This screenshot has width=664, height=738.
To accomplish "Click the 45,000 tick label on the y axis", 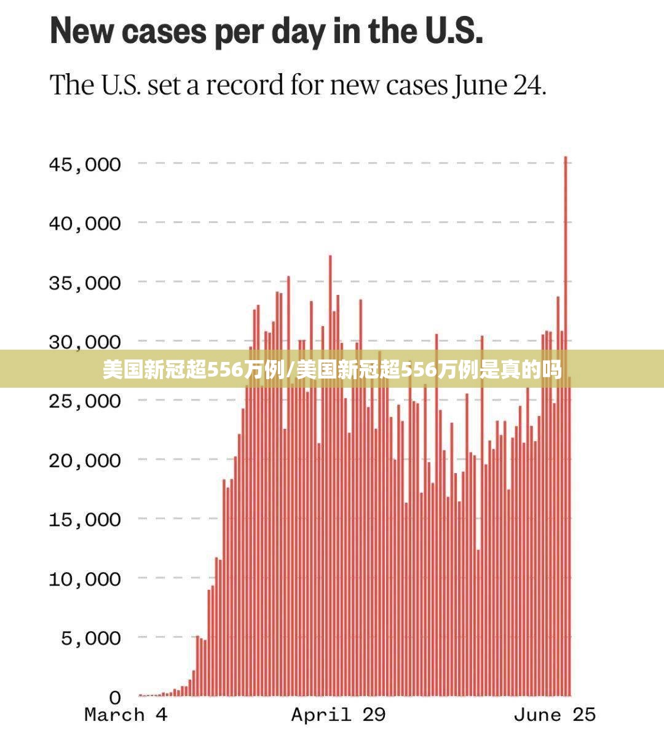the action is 85,165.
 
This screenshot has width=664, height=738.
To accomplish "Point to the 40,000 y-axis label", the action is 85,224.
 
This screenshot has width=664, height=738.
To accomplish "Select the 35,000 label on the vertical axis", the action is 85,283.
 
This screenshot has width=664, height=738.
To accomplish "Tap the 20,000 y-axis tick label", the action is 85,461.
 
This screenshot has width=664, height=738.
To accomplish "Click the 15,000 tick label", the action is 85,520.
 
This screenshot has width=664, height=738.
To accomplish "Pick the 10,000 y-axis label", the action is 85,579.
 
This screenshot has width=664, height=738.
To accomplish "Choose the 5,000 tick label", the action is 91,638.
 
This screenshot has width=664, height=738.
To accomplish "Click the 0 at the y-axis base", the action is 115,698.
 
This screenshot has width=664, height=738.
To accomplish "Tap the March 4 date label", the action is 126,715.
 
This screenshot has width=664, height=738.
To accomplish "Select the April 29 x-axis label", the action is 338,715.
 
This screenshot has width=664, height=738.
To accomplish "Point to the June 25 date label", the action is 555,715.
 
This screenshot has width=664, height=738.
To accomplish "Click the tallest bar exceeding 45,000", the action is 566,426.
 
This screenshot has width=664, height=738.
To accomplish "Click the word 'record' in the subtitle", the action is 244,85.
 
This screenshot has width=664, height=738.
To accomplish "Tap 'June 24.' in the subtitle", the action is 499,86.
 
